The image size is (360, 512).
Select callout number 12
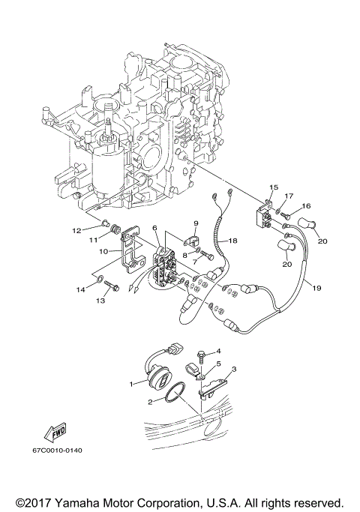click(x=97, y=231)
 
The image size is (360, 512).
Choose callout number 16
click(x=306, y=205)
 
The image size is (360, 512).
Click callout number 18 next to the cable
click(x=232, y=241)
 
